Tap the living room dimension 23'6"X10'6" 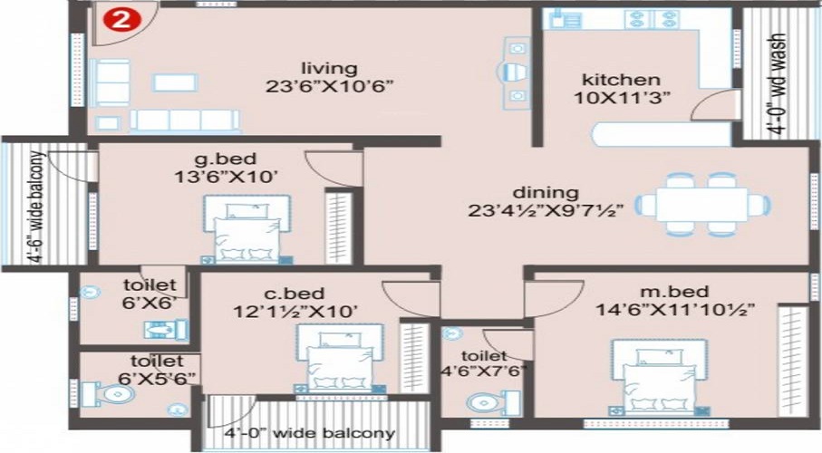(329, 86)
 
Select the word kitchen (621, 80)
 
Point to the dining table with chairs (702, 204)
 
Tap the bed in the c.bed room (341, 359)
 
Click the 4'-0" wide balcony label (309, 434)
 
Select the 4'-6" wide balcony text (35, 207)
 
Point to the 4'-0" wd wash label (779, 85)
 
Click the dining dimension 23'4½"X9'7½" (546, 210)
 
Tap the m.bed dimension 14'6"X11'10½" (675, 309)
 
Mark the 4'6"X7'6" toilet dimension (484, 371)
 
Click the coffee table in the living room (175, 82)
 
